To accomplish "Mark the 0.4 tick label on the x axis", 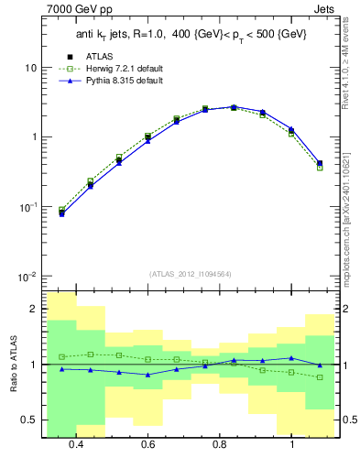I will click(x=76, y=444).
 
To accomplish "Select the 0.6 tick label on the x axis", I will click(x=147, y=444).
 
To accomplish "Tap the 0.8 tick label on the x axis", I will click(x=220, y=444).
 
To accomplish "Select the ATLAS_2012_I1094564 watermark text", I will click(x=191, y=273).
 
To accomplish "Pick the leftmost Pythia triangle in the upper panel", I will click(x=62, y=213).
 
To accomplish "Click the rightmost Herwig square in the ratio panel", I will click(x=320, y=377).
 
